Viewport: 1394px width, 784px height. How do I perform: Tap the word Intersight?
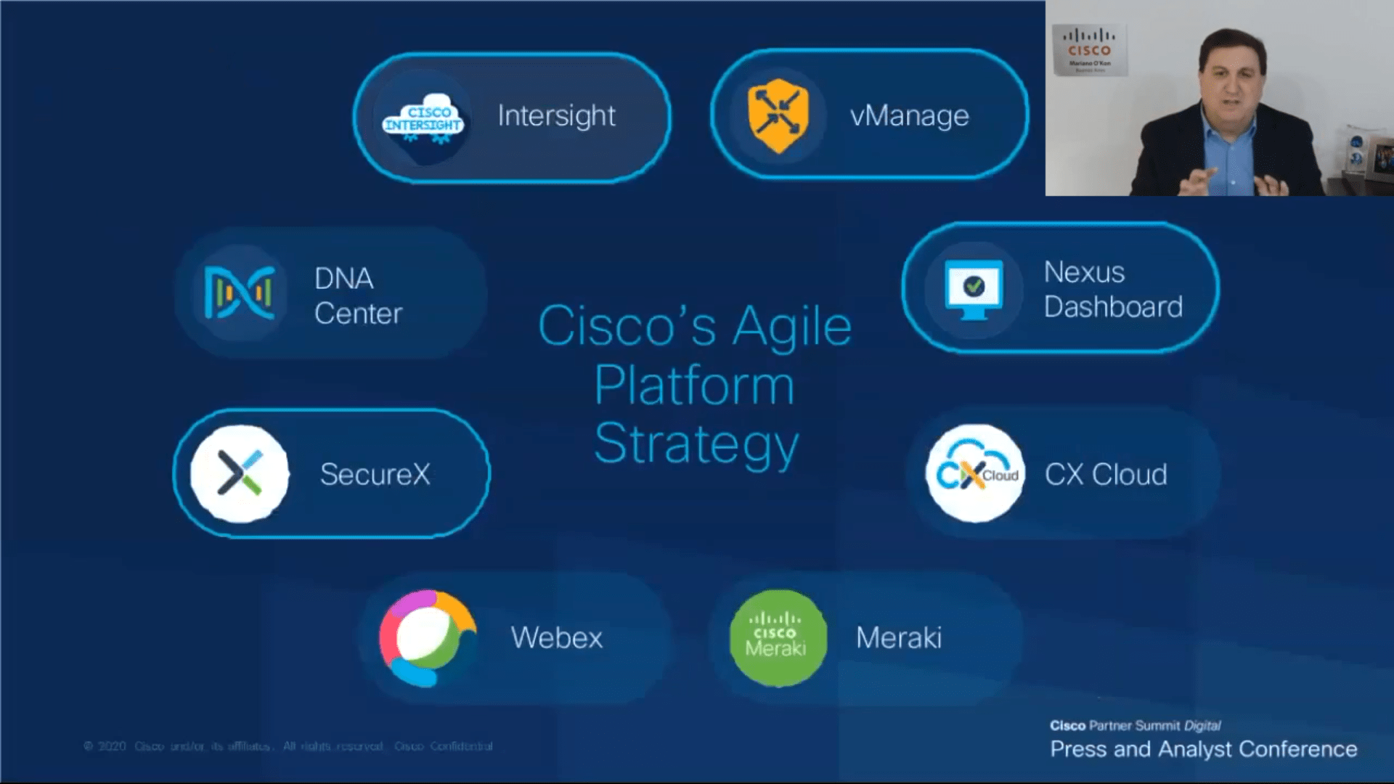click(x=556, y=116)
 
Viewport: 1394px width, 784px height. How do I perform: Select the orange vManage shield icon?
click(x=778, y=116)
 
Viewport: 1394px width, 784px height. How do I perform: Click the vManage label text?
click(x=909, y=116)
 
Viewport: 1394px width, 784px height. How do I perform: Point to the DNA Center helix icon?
click(x=240, y=293)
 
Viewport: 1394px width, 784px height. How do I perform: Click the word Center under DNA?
click(x=358, y=314)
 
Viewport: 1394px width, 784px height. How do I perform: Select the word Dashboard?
click(x=1113, y=307)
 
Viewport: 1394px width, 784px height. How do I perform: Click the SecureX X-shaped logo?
click(x=240, y=473)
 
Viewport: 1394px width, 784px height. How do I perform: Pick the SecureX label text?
click(x=375, y=475)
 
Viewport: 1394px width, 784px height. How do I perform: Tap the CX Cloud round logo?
click(x=975, y=473)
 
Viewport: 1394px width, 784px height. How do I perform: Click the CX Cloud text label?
click(x=1106, y=475)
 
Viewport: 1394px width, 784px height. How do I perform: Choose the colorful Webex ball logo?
click(x=428, y=638)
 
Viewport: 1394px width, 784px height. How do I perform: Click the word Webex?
click(x=556, y=638)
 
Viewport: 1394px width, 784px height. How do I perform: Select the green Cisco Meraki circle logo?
click(x=778, y=638)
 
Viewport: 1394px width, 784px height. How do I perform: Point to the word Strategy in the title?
click(x=696, y=444)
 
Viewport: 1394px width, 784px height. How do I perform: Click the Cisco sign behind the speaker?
click(x=1088, y=49)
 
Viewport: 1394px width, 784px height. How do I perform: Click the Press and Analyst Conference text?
click(x=1203, y=749)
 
